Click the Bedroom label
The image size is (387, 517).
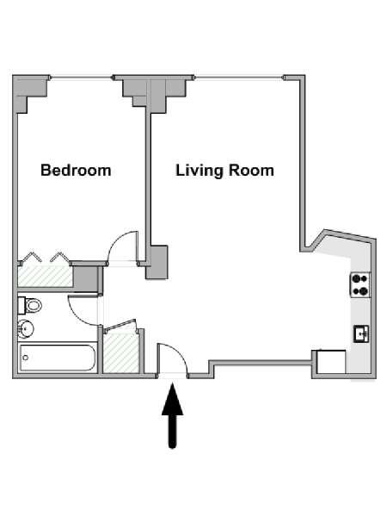point(76,171)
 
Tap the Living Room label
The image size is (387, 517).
point(224,171)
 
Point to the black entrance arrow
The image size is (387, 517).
point(173,415)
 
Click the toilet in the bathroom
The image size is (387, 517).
point(29,305)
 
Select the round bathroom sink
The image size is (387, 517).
point(26,329)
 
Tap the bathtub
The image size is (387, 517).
point(58,358)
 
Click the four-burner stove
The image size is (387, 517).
point(360,285)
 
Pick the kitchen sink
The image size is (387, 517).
point(361,334)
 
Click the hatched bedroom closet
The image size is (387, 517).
point(45,277)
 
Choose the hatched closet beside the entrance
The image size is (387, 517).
point(120,352)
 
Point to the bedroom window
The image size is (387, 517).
point(81,78)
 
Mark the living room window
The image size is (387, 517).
point(239,78)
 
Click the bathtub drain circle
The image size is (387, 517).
point(25,358)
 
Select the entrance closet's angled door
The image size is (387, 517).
point(120,325)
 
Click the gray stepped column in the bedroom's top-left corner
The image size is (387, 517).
point(30,92)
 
